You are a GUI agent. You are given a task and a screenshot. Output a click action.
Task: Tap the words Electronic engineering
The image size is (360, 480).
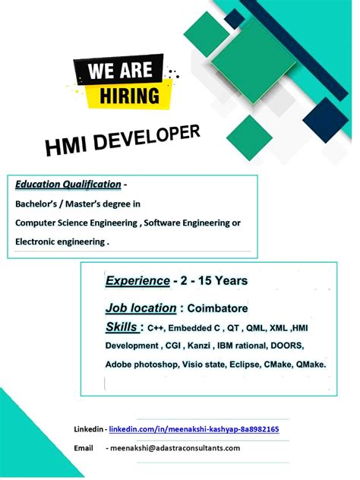coord(59,242)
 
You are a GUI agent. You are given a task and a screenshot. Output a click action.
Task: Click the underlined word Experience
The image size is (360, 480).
coord(137,281)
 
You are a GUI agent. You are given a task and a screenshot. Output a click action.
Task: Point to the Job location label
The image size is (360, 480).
coord(141,308)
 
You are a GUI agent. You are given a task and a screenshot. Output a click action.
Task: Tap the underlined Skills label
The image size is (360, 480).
coord(122,327)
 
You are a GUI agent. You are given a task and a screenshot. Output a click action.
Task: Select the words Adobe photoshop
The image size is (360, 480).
coord(141,365)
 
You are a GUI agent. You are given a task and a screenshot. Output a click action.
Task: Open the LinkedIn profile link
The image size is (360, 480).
coord(194,430)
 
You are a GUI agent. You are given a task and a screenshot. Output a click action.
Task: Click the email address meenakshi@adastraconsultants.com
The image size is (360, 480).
coord(175,448)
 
